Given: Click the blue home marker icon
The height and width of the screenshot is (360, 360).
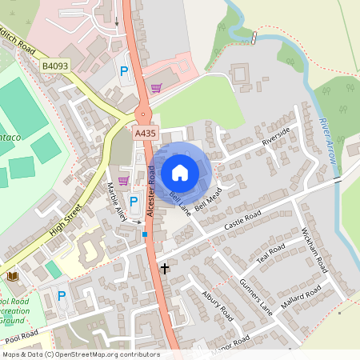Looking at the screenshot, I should tap(180, 172).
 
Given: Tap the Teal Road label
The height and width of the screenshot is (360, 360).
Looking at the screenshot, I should tap(270, 253).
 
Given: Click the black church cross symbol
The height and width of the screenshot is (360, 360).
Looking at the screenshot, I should tap(165, 268).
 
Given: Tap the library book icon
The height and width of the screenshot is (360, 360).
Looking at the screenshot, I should tap(13, 276).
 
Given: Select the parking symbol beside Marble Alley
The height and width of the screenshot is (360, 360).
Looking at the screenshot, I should tap(134, 201).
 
